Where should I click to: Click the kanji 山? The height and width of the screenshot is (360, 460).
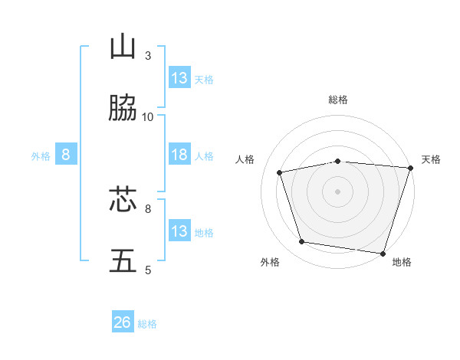click(x=123, y=47)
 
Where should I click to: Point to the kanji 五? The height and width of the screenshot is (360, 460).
click(x=123, y=260)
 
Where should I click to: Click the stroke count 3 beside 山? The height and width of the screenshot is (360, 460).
click(x=148, y=56)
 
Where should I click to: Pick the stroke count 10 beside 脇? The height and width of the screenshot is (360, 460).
click(x=148, y=116)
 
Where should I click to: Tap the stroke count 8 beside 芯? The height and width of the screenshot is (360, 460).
click(x=148, y=208)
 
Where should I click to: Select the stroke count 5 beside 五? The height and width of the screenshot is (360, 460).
click(x=148, y=270)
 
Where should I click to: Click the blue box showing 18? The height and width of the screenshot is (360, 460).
click(x=179, y=155)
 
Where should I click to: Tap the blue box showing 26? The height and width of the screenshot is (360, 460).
click(x=123, y=323)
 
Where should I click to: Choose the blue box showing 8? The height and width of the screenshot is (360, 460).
click(x=66, y=155)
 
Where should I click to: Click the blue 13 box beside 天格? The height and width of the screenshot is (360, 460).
click(x=179, y=78)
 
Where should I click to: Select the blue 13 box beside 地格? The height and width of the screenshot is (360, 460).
click(x=179, y=231)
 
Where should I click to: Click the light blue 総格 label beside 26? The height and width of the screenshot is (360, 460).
click(x=147, y=324)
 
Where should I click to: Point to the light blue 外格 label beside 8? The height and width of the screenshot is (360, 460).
click(x=41, y=156)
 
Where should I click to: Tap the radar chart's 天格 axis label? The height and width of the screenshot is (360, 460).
click(x=431, y=159)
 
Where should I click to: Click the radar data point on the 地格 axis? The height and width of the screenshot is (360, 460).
click(x=383, y=253)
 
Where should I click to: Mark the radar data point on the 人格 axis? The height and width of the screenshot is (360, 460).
click(x=280, y=172)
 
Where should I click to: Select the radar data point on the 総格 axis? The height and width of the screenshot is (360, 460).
click(x=337, y=162)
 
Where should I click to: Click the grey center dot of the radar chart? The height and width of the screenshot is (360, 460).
click(x=337, y=191)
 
